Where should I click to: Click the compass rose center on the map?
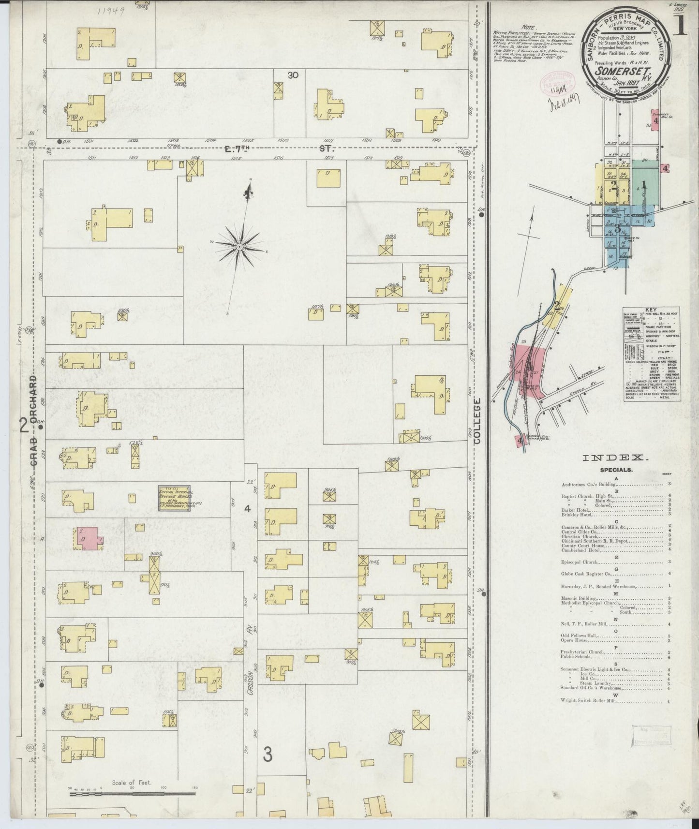239,246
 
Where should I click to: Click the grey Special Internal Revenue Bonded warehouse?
174,497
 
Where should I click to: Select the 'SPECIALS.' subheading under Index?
615,470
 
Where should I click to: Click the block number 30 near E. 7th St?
293,75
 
